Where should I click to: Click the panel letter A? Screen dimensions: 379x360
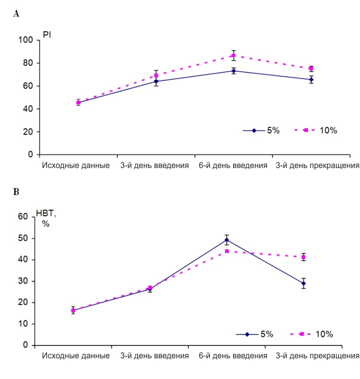point(17,14)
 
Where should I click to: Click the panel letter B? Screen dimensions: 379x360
point(17,192)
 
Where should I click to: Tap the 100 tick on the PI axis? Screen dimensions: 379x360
point(26,40)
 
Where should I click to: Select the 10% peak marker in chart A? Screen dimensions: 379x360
point(234,55)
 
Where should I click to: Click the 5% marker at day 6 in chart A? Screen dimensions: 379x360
point(234,71)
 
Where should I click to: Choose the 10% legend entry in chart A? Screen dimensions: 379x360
point(317,130)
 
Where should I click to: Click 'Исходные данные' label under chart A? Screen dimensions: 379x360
point(76,166)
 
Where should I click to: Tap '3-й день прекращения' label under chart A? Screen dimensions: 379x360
point(317,166)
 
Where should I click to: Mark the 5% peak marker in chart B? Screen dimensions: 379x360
point(226,240)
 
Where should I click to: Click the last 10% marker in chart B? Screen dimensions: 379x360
point(303,257)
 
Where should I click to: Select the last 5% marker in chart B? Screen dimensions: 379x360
point(303,283)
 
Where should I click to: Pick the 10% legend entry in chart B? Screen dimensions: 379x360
point(312,334)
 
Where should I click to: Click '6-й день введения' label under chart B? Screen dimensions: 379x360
point(233,356)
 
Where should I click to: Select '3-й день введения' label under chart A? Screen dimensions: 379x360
point(155,166)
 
